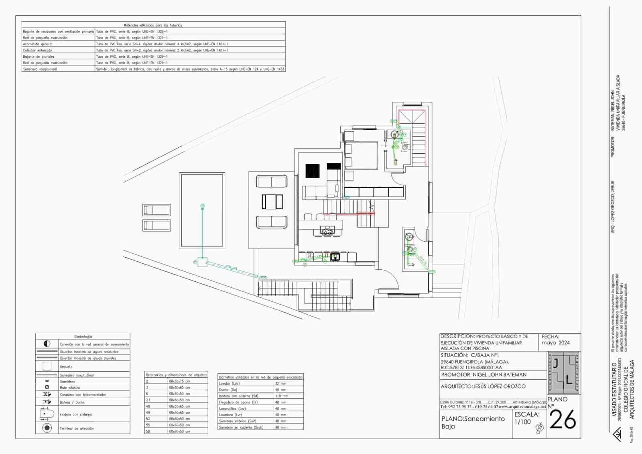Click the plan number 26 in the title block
563,420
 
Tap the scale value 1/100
522,422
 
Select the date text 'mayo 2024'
555,343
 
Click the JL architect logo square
564,373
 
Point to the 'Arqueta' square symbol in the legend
47,366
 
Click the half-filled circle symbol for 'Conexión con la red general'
47,344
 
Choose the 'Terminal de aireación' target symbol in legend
47,428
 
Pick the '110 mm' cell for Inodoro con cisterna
281,396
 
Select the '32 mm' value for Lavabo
280,383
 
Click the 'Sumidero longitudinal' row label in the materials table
40,69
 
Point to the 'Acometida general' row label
38,44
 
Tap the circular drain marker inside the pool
202,206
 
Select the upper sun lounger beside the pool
156,210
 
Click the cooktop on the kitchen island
327,231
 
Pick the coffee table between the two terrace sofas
272,202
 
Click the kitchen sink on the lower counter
334,257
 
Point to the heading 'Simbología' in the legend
83,337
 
